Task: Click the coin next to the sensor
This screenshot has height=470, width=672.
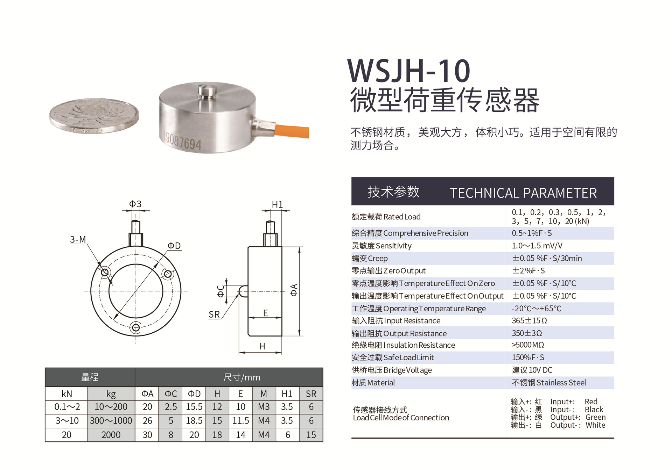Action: [94, 116]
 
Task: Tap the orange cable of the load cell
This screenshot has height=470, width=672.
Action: [292, 131]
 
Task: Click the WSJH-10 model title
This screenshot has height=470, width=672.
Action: [409, 71]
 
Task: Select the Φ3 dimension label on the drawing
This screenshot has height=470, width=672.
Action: [135, 204]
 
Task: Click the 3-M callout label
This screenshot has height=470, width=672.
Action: [78, 240]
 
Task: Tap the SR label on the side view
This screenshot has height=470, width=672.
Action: [214, 314]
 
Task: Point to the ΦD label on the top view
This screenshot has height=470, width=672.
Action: [174, 246]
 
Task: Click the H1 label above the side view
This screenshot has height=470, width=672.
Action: [277, 205]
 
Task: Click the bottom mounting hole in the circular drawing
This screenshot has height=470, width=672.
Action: [136, 328]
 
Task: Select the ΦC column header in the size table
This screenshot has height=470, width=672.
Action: [171, 394]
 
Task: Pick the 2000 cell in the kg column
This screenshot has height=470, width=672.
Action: [111, 435]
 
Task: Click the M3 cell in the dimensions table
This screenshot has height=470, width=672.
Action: [264, 407]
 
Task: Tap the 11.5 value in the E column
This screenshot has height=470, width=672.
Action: [240, 421]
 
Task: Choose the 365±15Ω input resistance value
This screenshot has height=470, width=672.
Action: [529, 321]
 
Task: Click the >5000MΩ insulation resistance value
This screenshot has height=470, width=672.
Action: [528, 345]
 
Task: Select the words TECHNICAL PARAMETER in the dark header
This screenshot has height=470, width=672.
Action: [523, 193]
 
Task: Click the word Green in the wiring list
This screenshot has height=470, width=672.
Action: [595, 418]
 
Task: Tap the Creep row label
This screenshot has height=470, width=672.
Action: [370, 259]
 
